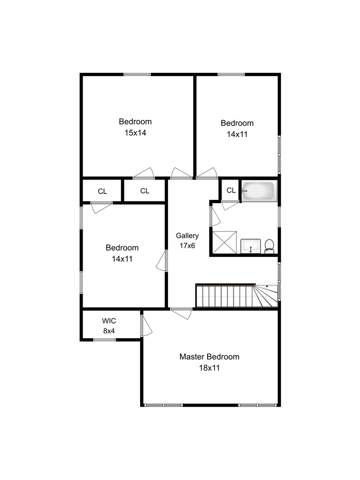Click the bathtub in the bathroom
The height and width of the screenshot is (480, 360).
pos(259,191)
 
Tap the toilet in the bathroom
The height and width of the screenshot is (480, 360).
pos(269,246)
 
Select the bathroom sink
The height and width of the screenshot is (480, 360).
pos(251,246)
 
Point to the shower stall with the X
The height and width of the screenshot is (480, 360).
pos(224,243)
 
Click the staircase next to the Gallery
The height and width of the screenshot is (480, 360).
pos(237,296)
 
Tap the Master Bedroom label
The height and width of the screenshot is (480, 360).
pos(209,356)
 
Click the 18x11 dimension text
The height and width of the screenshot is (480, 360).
pos(209,368)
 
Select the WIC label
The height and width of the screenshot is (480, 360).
pos(109,321)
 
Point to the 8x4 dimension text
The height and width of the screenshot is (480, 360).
pos(109,331)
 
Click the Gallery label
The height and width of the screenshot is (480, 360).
pos(188,236)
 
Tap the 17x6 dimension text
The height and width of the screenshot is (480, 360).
pos(188,245)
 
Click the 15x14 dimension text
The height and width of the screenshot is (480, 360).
pos(135,132)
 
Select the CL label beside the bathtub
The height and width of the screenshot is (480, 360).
pos(231,190)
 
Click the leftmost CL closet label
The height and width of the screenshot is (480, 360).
pos(103,191)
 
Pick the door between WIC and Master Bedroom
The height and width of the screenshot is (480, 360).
pos(146,326)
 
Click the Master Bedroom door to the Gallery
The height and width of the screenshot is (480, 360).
pos(181,313)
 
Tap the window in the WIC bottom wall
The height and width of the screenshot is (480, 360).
pos(104,340)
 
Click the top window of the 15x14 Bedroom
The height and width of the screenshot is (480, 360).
pos(137,74)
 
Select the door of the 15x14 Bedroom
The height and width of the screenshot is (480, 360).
pos(144,173)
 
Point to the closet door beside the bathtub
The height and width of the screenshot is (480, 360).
pos(230,205)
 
